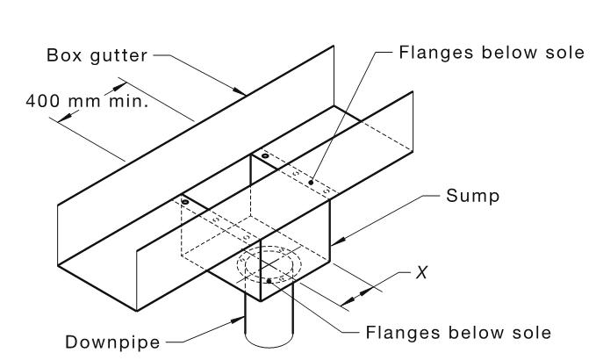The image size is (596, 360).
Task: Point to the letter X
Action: coord(421,273)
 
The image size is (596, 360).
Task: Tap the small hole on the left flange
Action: coord(185,202)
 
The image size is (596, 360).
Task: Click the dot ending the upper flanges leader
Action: coord(310,182)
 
